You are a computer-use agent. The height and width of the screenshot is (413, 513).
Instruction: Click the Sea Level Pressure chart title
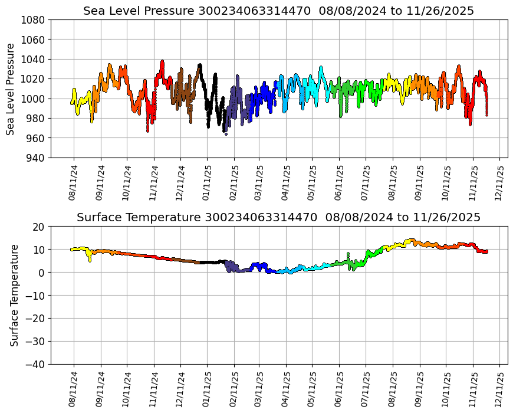pos(278,11)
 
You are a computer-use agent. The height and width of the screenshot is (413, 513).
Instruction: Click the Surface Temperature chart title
pos(278,218)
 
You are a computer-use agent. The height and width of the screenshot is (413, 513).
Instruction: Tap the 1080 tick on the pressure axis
pos(35,19)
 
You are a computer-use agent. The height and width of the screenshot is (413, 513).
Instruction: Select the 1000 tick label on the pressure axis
pos(35,99)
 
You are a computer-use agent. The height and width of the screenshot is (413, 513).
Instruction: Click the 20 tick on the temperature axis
pos(40,227)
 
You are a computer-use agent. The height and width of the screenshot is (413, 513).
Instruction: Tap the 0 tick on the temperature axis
pos(42,273)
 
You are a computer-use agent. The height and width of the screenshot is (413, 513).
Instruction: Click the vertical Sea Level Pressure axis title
pos(11,88)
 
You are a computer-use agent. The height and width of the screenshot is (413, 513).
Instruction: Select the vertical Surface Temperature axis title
pos(14,295)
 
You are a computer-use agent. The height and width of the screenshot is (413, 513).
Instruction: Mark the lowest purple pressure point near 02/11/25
pos(226,134)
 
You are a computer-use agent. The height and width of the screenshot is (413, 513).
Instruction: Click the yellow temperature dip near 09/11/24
pos(90,260)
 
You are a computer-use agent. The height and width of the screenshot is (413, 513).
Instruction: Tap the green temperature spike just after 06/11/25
pos(348,254)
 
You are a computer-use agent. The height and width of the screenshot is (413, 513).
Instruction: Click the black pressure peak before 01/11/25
pos(200,65)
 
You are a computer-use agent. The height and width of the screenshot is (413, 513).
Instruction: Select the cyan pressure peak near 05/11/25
pos(321,67)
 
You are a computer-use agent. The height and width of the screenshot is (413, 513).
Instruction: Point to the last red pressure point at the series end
pos(486,115)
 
